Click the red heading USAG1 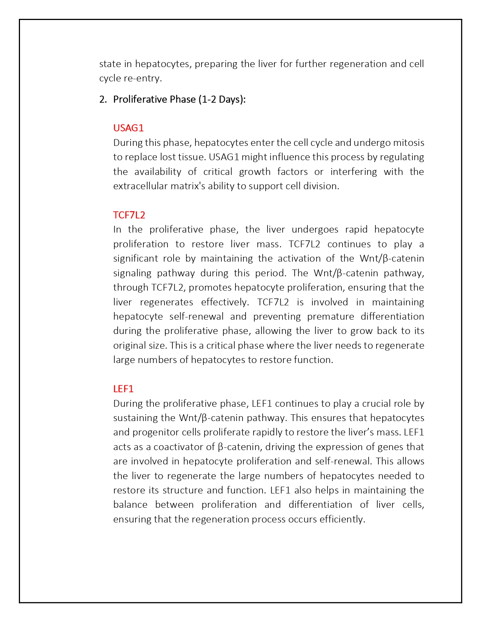coord(128,128)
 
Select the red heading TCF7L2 coord(129,215)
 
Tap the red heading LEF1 coord(123,389)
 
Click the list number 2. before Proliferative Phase coord(103,99)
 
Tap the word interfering coord(353,172)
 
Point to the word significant coord(135,259)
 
